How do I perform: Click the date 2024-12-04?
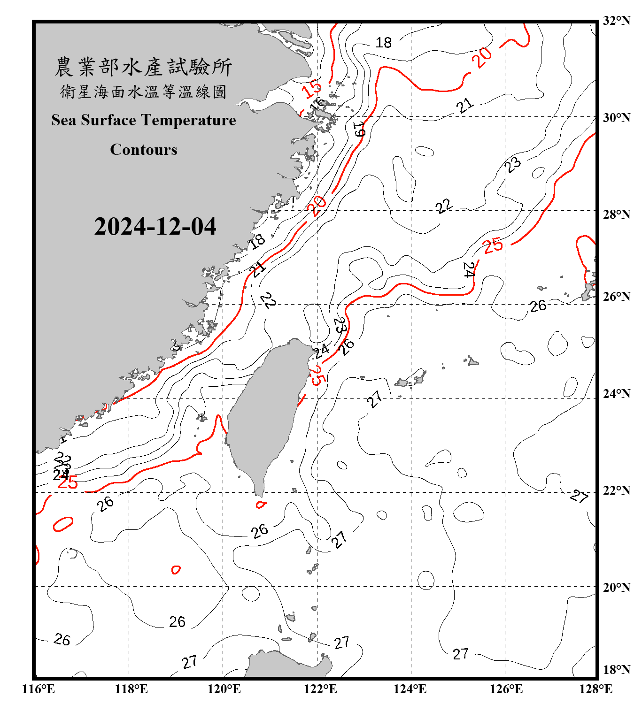coord(155,227)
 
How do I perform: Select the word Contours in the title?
coord(144,150)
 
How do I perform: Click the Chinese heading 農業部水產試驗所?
coord(143,67)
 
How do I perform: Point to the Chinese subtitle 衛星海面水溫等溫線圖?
coord(143,92)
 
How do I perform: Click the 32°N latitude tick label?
coord(616,21)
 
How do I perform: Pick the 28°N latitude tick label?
coord(616,214)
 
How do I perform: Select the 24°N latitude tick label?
coord(616,394)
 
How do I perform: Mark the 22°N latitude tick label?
coord(616,490)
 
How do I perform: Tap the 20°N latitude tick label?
coord(616,588)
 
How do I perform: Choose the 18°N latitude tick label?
coord(616,670)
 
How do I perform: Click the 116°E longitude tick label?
coord(39,689)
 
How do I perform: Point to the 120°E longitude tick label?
coord(224,689)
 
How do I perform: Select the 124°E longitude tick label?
coord(410,689)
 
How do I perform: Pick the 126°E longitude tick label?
coord(506,689)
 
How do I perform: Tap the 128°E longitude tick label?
coord(595,689)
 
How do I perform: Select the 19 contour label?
coord(359,129)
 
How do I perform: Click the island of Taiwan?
coord(263,413)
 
